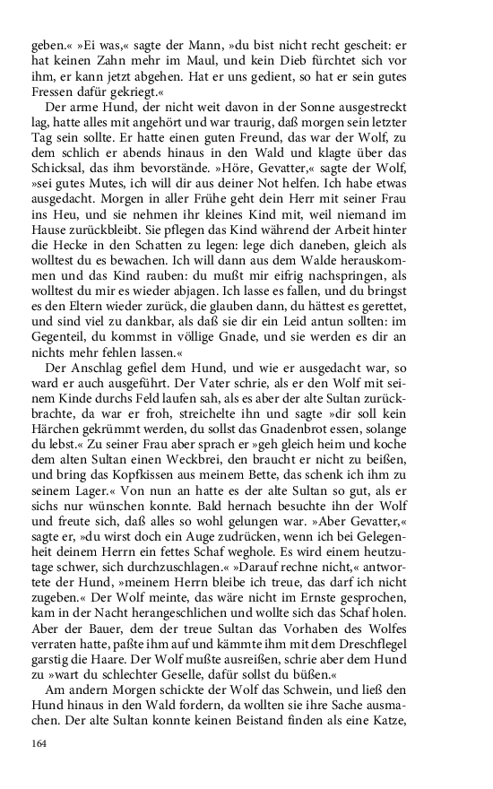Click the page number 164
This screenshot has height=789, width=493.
pyautogui.click(x=39, y=744)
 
